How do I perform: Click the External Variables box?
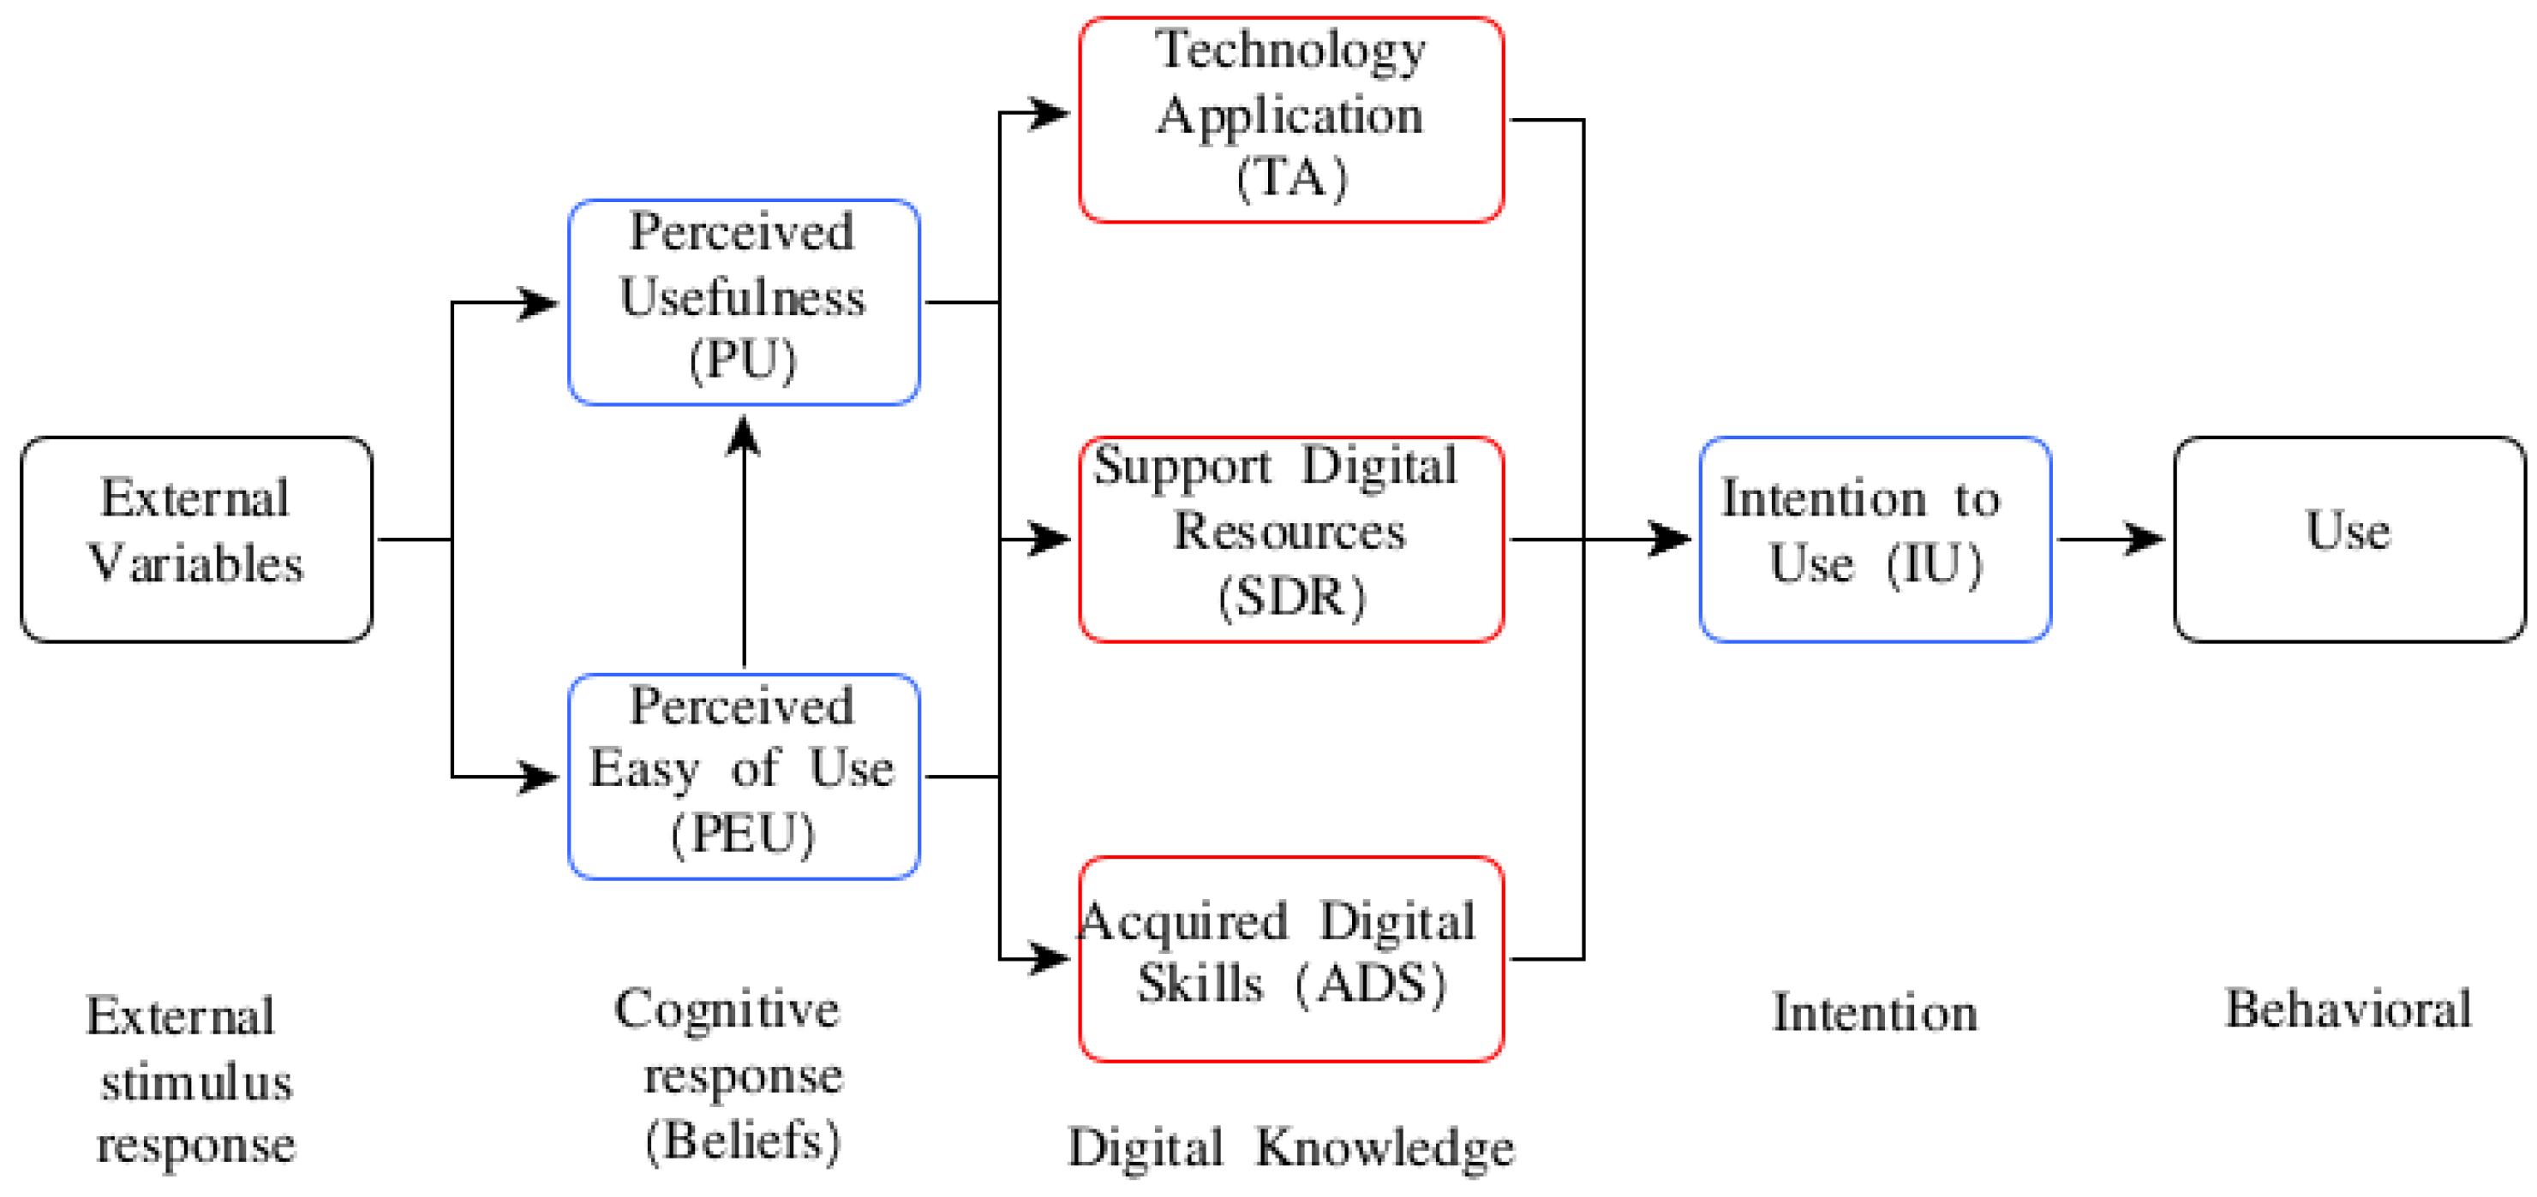pos(196,539)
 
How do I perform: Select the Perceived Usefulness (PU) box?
pos(744,302)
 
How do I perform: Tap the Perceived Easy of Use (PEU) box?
pos(744,777)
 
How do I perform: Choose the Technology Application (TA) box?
pos(1291,119)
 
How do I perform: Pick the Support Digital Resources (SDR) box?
pos(1291,539)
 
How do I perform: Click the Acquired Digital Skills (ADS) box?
pos(1291,958)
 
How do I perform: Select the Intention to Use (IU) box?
pos(1876,539)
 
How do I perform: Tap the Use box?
pos(2349,539)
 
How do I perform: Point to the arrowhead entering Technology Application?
pos(1050,113)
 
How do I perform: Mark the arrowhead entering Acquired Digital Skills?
pos(1050,958)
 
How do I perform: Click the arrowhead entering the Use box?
pos(2145,539)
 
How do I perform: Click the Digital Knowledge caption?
pos(1291,1148)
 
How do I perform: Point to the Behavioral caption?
pos(2349,1009)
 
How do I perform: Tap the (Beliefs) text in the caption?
pos(744,1140)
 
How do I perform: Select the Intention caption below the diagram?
pos(1876,1013)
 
